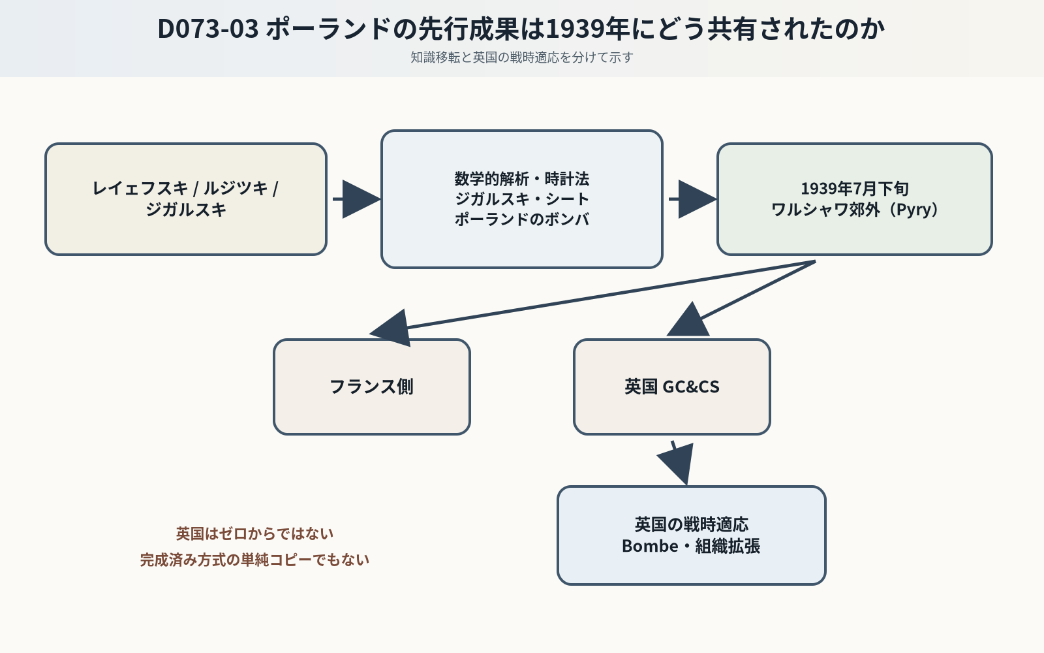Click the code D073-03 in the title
(208, 29)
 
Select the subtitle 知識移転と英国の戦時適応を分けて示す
(521, 57)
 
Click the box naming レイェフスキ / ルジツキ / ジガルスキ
(186, 199)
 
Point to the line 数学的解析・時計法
(521, 179)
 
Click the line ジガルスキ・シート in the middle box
(521, 199)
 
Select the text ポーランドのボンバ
(521, 219)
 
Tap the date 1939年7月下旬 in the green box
(855, 189)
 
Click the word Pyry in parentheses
(913, 210)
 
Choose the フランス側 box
(371, 387)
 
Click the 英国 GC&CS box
(671, 387)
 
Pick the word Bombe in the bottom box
(650, 546)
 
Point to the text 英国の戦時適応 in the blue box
(692, 525)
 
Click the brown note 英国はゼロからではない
(254, 534)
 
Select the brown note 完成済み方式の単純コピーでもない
(254, 560)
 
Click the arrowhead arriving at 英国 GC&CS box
(689, 321)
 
